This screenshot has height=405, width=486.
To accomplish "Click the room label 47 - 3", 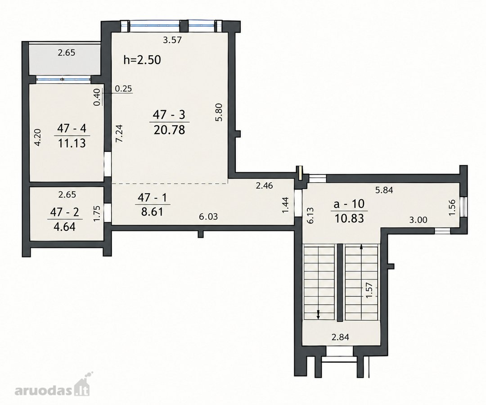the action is click(169, 115).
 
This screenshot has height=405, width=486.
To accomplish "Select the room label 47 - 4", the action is click(72, 128).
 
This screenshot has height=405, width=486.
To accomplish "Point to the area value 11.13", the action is click(72, 143).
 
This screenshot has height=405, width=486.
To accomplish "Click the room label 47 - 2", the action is click(65, 212).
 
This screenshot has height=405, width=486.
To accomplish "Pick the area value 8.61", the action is click(153, 212).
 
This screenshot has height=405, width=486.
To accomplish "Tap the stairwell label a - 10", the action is click(349, 204).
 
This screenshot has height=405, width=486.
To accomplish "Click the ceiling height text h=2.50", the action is click(142, 60).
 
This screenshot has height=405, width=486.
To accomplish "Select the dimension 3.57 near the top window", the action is click(172, 40).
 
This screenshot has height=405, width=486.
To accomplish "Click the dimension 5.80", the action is click(219, 112).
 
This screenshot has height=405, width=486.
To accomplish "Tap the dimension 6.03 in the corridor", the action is click(208, 216).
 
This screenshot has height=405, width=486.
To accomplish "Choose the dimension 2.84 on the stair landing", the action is click(340, 337).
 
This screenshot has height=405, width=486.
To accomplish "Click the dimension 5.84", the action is click(384, 190).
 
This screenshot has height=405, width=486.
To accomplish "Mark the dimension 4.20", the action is click(37, 137).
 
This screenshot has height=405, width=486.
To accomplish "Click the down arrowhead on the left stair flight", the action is click(318, 316).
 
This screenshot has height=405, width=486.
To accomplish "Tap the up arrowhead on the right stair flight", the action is click(361, 247).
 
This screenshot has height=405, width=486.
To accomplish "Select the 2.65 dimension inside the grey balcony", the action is click(66, 53).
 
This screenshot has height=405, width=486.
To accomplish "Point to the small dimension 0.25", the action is click(123, 89).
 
